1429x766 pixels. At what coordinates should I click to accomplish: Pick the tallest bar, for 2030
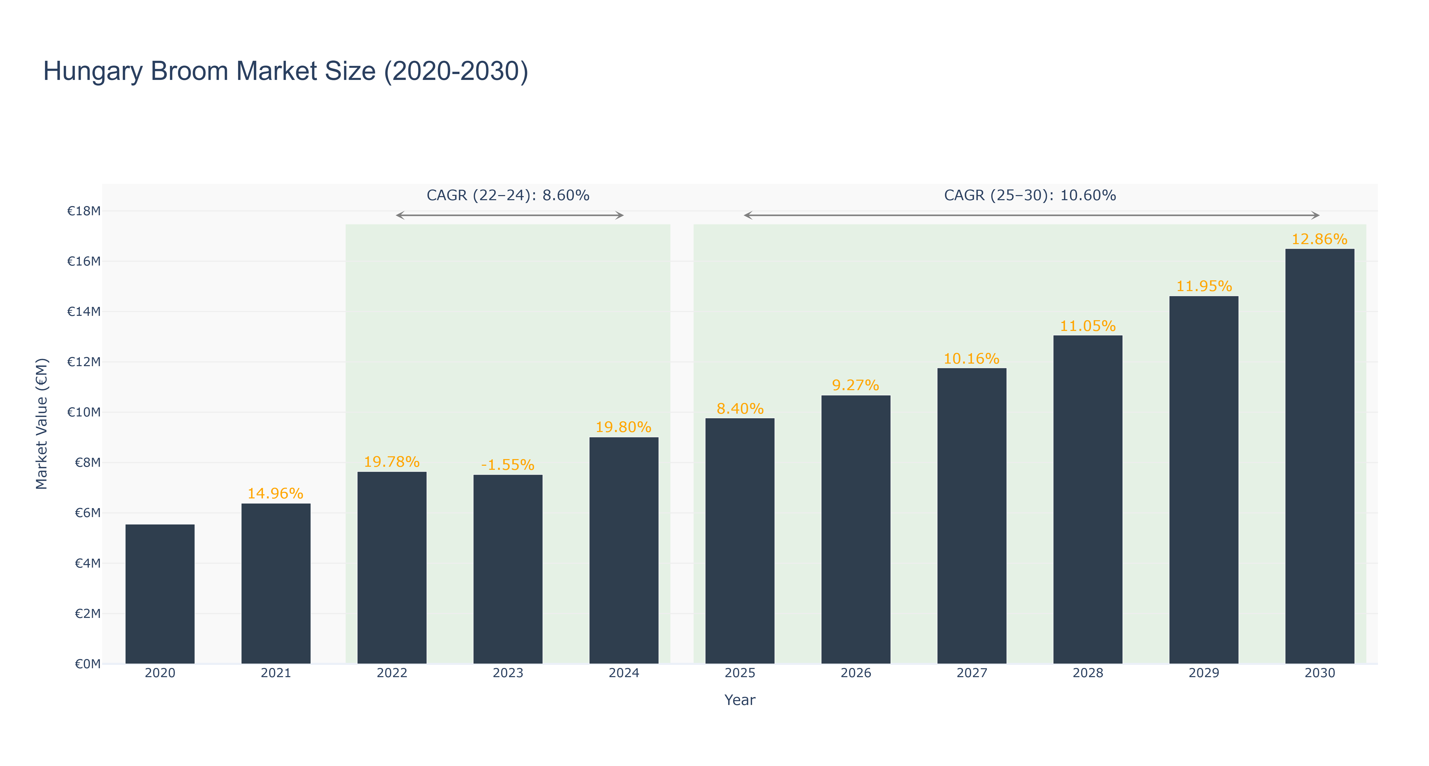(1320, 456)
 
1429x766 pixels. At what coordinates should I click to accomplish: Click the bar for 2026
(856, 530)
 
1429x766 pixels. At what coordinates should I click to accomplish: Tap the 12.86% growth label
(1320, 239)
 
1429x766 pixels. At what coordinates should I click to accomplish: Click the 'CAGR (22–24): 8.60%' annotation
(508, 195)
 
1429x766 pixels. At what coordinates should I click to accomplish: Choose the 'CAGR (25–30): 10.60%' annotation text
(1030, 195)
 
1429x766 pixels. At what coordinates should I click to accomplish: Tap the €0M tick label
(88, 664)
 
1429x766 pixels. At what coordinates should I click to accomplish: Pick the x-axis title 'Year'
(740, 700)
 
